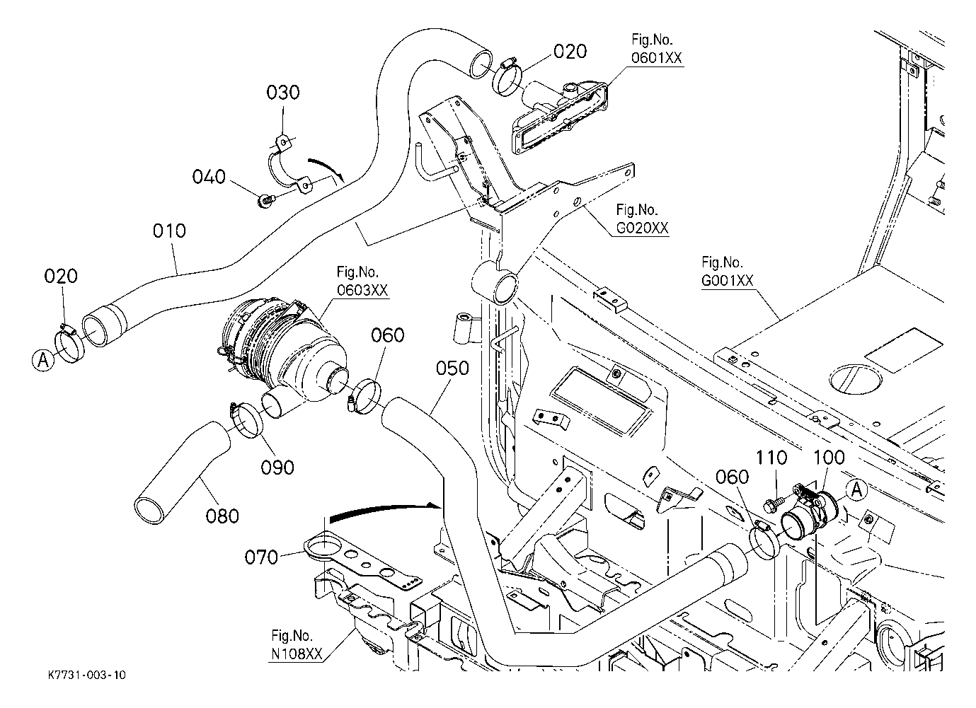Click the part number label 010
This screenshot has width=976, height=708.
click(x=170, y=231)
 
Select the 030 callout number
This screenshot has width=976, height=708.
click(x=283, y=93)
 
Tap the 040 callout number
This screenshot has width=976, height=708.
click(x=209, y=176)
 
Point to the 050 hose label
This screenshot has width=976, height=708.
click(x=452, y=368)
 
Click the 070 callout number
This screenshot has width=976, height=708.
click(x=261, y=557)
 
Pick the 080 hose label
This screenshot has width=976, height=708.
click(x=222, y=516)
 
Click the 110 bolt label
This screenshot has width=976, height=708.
click(x=773, y=458)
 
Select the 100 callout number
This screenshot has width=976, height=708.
click(x=829, y=458)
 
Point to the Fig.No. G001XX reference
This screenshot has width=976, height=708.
click(x=727, y=271)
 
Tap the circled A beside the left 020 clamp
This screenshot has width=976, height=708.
click(x=42, y=361)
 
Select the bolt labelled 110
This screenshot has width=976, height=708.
click(x=774, y=503)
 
